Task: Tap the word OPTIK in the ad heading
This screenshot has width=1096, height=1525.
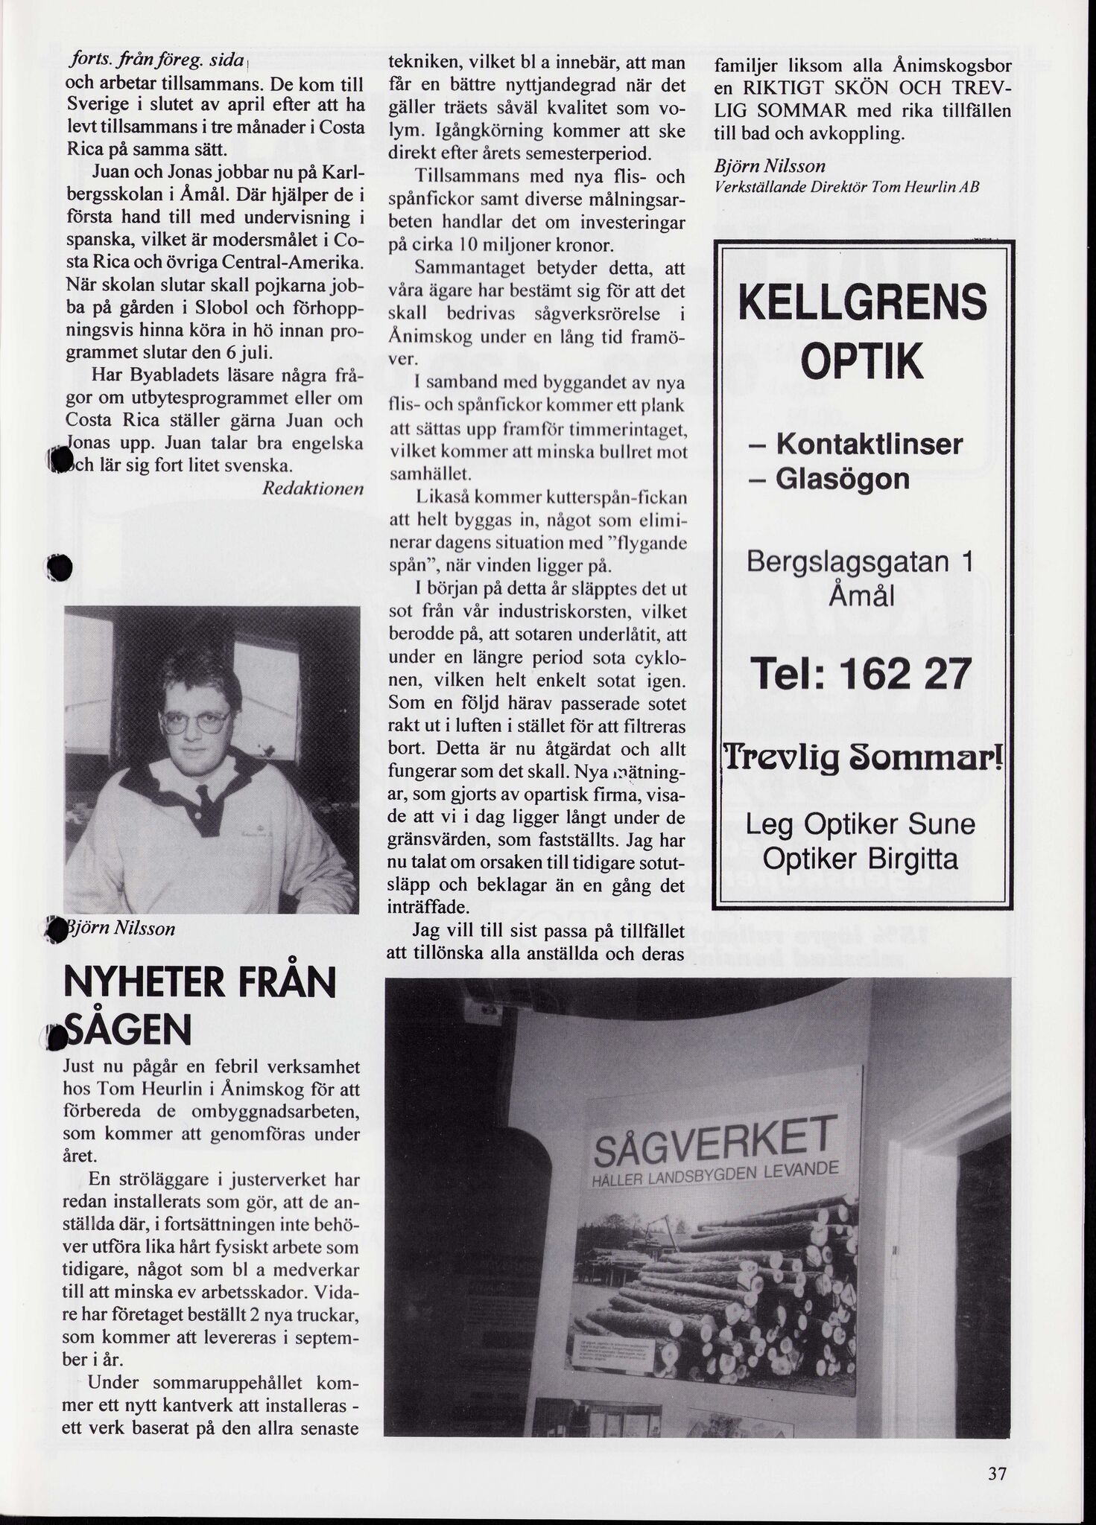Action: point(861,361)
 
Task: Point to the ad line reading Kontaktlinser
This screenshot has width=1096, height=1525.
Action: point(869,445)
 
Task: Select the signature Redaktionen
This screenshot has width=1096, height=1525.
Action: point(313,488)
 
